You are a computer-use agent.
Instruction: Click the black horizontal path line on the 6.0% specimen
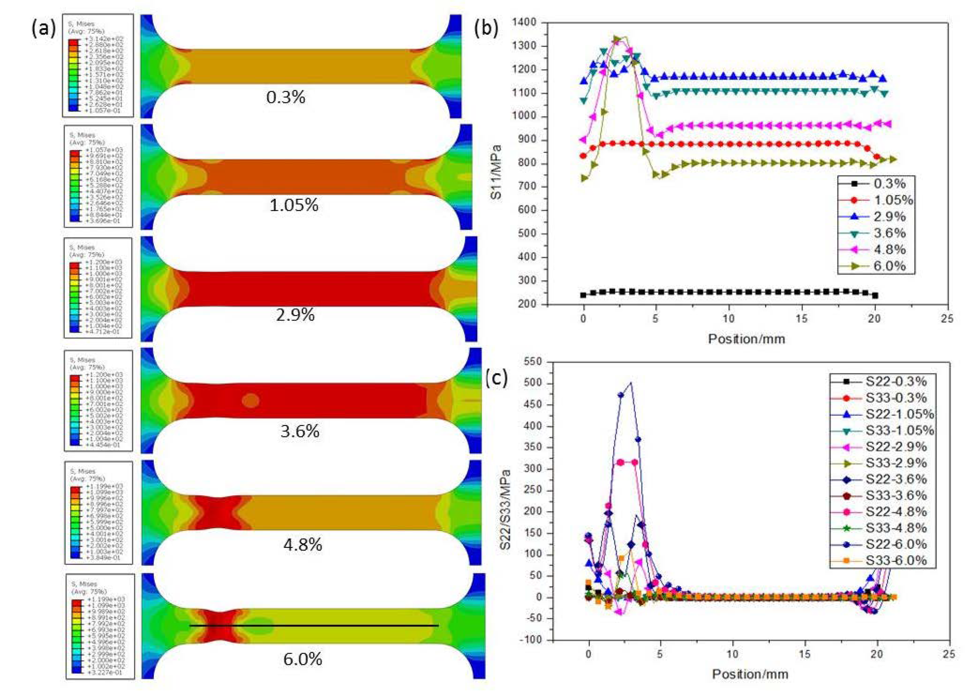coord(314,626)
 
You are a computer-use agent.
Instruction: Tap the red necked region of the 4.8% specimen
coord(219,512)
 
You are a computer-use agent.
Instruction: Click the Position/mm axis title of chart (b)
coord(746,339)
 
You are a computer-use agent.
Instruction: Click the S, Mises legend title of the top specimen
coord(81,24)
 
